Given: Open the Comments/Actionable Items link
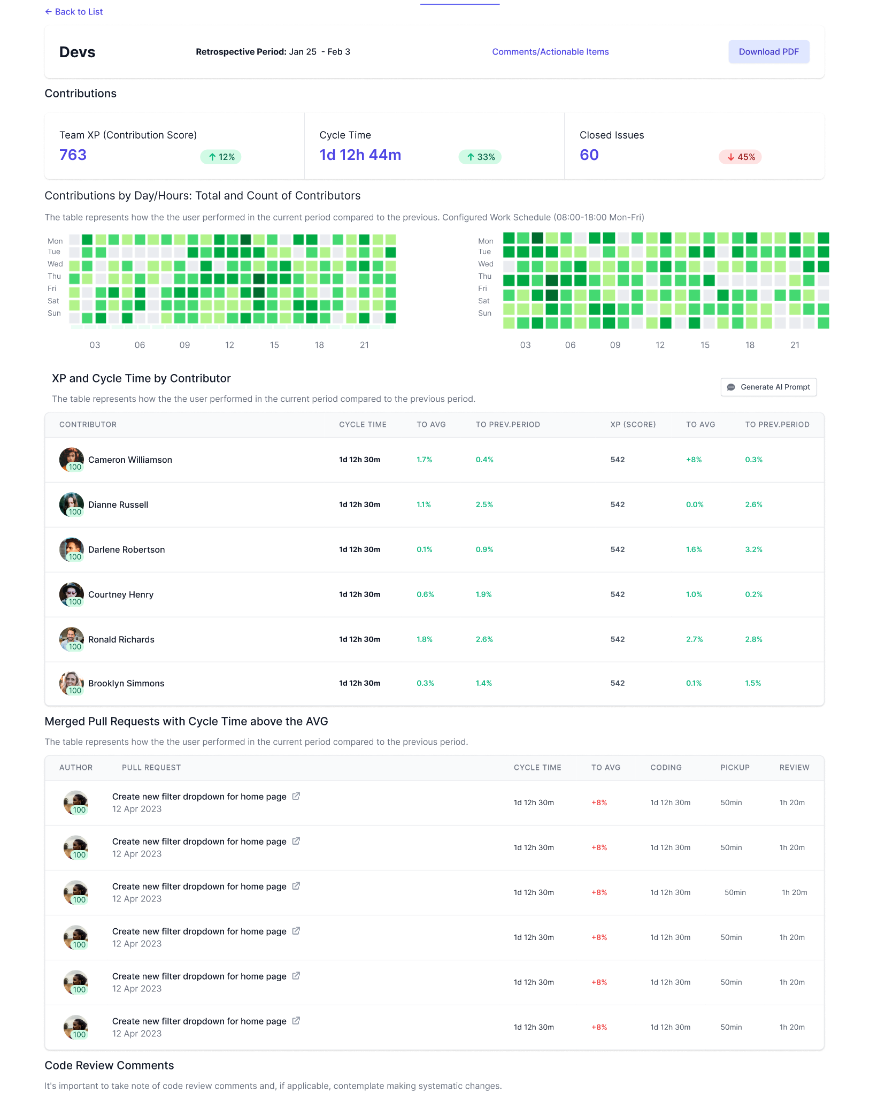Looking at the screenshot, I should click(550, 52).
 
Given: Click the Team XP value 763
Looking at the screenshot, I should click(73, 155).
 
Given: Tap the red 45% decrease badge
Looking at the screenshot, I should click(740, 157).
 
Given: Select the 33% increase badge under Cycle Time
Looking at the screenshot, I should click(480, 157).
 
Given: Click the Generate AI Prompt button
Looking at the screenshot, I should click(768, 387).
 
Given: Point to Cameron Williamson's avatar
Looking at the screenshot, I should click(71, 459).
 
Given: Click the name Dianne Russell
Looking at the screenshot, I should click(118, 505).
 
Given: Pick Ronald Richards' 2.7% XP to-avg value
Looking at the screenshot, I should click(694, 639).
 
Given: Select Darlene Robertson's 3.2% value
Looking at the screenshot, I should click(753, 549).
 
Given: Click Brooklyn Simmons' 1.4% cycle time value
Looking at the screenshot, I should click(483, 683).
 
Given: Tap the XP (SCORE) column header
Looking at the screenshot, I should click(633, 424).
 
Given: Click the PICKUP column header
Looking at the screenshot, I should click(735, 767).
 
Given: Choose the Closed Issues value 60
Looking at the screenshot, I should click(589, 155).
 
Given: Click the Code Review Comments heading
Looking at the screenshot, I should click(109, 1065).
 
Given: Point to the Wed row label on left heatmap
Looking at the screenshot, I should click(55, 264).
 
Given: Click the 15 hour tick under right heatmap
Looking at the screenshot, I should click(705, 345).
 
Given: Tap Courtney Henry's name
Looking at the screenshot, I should click(121, 594).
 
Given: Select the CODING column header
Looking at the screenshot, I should click(666, 767).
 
